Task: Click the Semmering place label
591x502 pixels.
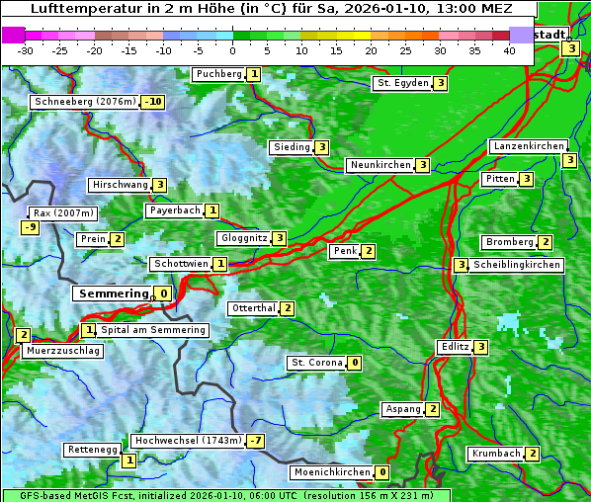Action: point(112,293)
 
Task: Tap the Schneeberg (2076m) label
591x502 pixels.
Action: point(84,102)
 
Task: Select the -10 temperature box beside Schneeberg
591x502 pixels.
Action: point(153,102)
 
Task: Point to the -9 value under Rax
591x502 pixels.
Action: point(31,228)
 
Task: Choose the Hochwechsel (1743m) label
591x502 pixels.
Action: point(187,440)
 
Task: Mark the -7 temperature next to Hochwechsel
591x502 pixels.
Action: point(256,440)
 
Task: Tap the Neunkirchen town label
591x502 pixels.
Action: point(380,165)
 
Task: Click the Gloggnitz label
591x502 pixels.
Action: point(242,238)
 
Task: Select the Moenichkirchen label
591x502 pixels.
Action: point(331,472)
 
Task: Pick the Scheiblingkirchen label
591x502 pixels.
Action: point(517,265)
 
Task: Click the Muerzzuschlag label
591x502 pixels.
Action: point(61,351)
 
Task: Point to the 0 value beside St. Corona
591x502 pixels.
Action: point(355,363)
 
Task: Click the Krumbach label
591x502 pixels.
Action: point(495,454)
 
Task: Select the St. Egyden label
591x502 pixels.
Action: point(402,83)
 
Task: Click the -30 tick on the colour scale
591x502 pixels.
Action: point(26,50)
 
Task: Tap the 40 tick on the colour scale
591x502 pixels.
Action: point(509,50)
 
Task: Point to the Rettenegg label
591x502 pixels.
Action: point(92,450)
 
